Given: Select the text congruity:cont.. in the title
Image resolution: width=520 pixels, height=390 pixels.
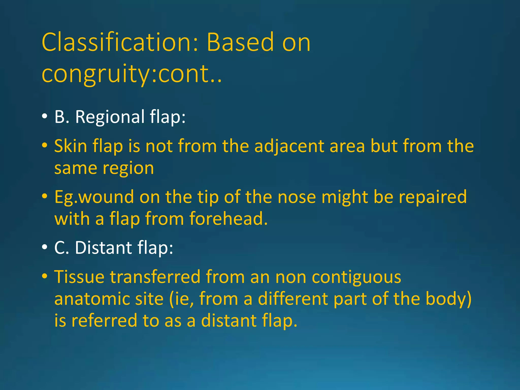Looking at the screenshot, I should [132, 74].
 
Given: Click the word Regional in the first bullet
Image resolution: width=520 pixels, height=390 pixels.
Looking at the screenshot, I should [110, 117].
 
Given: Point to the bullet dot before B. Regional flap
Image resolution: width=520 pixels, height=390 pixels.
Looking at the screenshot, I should [45, 116].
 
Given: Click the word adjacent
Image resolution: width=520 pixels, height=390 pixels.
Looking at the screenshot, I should [289, 146].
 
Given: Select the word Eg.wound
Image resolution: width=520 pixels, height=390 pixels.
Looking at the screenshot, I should [94, 197].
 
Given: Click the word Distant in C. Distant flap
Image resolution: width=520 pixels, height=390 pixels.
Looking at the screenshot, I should [103, 248].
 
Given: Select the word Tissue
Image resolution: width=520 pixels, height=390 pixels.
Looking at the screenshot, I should [79, 277].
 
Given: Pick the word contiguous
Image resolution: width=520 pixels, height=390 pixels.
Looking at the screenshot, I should [356, 277].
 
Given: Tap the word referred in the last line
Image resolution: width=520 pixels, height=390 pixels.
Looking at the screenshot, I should [104, 320].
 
